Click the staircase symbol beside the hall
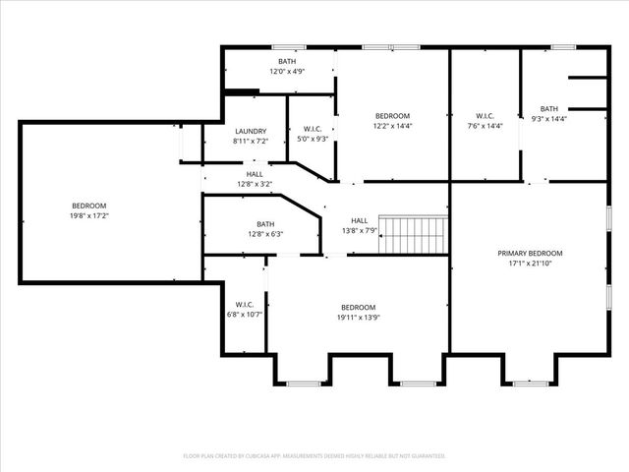click(415, 235)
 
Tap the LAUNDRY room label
click(251, 132)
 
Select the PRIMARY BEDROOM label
click(531, 253)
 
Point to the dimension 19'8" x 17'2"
click(88, 214)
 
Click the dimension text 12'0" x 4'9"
click(287, 71)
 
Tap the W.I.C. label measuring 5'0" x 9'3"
click(313, 129)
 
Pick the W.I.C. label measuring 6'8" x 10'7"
click(245, 304)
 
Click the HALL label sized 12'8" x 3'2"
click(255, 174)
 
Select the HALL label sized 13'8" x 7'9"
click(360, 220)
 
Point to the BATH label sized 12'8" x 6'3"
click(265, 223)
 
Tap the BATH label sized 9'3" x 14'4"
click(548, 108)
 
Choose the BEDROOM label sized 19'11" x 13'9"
click(359, 307)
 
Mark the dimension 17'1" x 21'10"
click(531, 264)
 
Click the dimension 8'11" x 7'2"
click(251, 142)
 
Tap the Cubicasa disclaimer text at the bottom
click(314, 456)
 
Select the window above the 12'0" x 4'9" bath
click(287, 47)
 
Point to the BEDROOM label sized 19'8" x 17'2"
click(88, 205)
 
